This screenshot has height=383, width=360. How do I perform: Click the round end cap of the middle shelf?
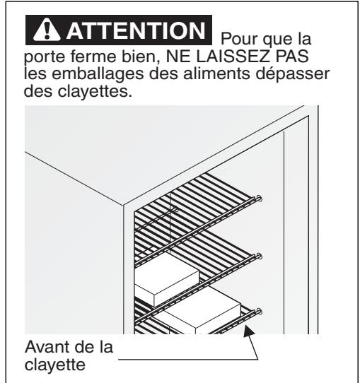point(260,256)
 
